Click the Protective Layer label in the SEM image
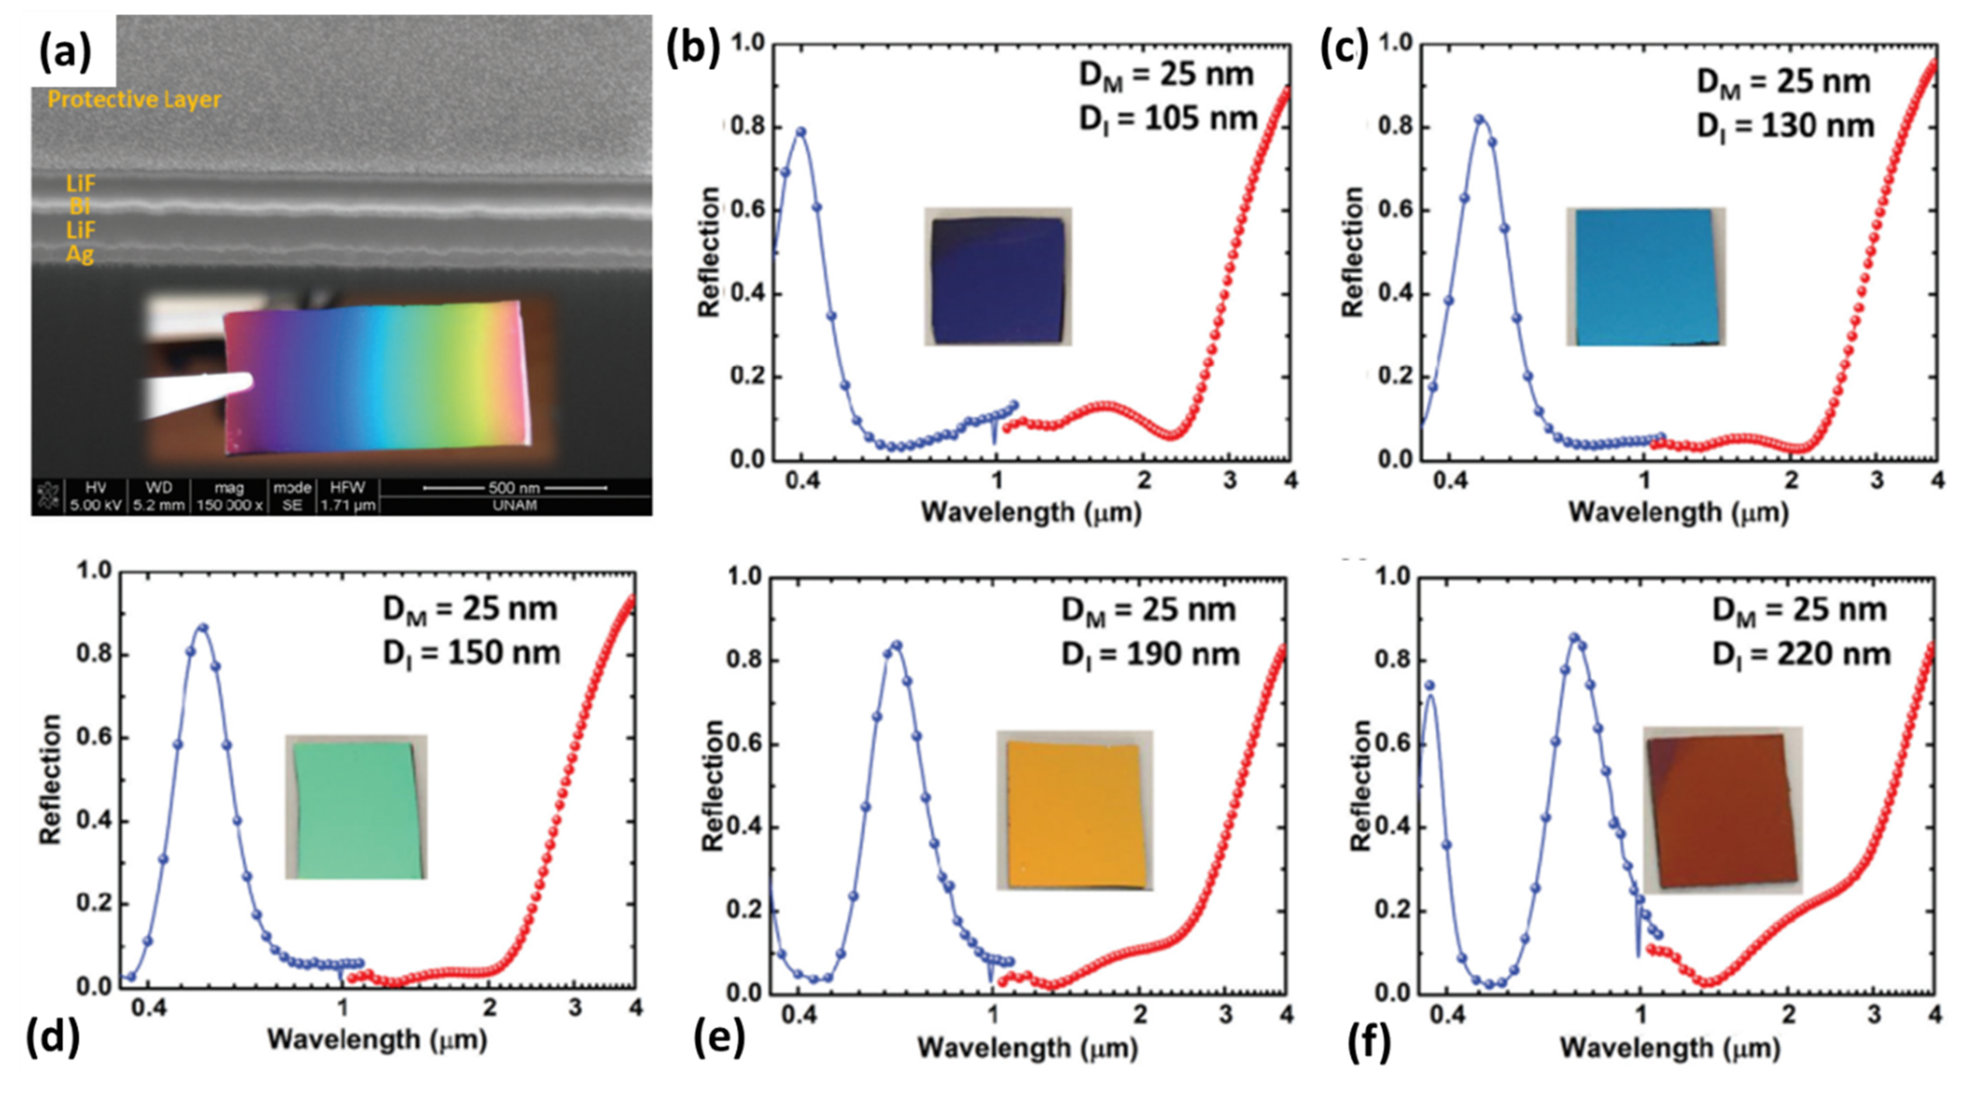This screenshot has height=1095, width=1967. [134, 99]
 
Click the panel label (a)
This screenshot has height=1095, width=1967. [65, 52]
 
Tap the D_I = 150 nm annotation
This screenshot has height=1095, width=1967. [471, 652]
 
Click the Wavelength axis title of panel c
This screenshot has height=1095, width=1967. [1678, 512]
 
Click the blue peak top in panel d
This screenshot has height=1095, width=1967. [202, 628]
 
